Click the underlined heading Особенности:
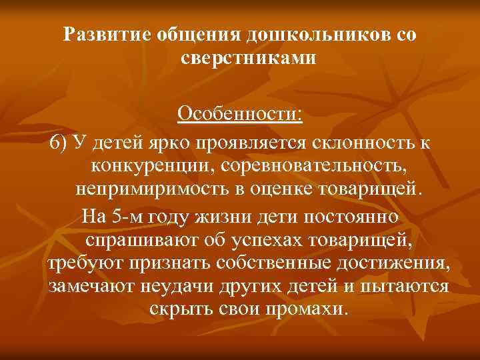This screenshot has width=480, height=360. point(239,114)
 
